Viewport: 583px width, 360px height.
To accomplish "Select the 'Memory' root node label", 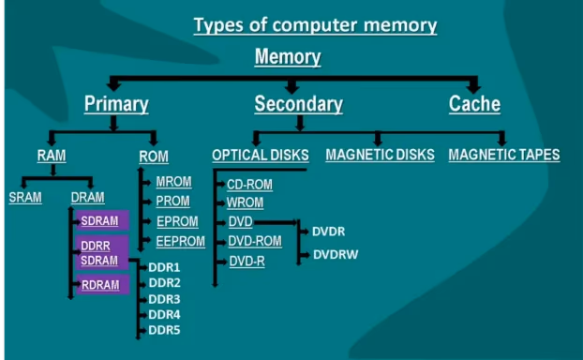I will point(289,57).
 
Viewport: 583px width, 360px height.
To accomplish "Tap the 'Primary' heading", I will point(117,104).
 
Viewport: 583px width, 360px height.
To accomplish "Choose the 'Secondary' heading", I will point(298,104).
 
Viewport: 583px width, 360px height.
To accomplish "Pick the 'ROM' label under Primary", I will point(153,156).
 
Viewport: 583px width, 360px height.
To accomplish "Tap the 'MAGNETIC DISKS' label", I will point(380,155).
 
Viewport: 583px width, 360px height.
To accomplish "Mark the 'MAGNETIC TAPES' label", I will point(503,155).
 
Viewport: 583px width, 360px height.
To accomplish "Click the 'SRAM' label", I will point(25,198).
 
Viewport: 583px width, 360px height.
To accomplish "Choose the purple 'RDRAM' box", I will point(101,285).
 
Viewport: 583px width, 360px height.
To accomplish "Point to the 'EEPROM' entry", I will point(180,242).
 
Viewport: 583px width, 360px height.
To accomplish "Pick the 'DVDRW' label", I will point(336,254).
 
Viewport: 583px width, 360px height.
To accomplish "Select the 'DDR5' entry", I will point(164,330).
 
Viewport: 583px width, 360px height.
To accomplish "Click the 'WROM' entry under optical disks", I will point(246,202).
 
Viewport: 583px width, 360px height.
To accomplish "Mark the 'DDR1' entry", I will point(164,267).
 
